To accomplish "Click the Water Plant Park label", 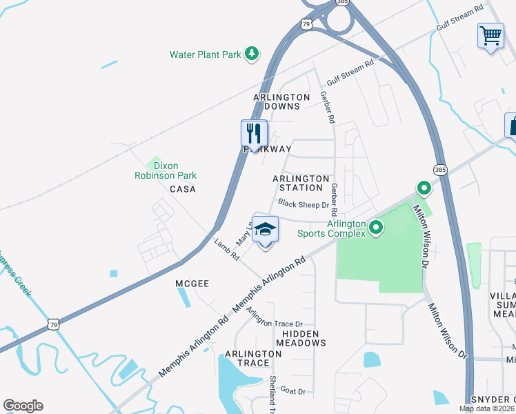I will tap(206, 54).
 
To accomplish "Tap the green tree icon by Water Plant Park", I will tap(252, 53).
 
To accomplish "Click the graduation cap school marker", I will tap(265, 229).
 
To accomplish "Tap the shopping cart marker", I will tap(490, 34).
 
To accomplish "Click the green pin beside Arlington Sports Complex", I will tap(376, 226).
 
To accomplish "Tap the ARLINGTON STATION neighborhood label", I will tap(297, 183).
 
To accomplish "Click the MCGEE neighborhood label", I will tap(192, 283).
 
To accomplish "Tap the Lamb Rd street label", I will tap(226, 249).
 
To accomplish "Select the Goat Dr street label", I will tap(292, 391).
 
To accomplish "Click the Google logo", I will tap(23, 406).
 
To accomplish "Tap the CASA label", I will tap(182, 189).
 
